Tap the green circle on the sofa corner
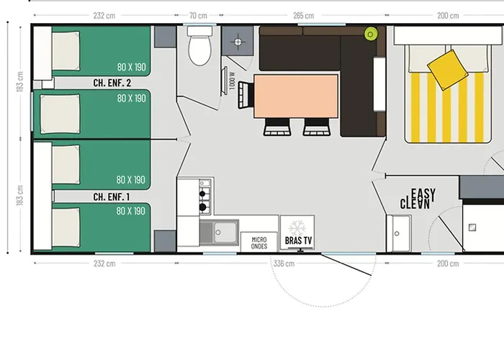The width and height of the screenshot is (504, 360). (372, 33)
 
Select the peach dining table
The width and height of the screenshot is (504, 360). (296, 96)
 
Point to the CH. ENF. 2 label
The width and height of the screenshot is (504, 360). (112, 84)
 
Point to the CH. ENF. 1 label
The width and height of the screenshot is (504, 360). (112, 197)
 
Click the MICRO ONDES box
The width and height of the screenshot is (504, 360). (259, 242)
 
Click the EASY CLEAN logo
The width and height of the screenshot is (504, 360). (415, 198)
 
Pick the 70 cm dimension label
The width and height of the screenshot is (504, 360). (198, 16)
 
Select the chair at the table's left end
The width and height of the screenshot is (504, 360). (246, 96)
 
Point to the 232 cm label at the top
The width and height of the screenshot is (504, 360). (104, 16)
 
